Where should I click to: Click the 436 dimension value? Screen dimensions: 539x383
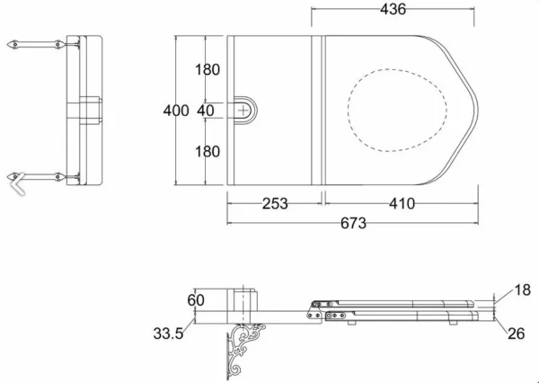pyautogui.click(x=393, y=9)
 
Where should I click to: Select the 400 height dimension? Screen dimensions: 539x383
pyautogui.click(x=176, y=111)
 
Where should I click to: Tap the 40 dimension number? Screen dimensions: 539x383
pyautogui.click(x=206, y=111)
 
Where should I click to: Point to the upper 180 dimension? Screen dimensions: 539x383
pyautogui.click(x=208, y=70)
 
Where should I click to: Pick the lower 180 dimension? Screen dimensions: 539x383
pyautogui.click(x=208, y=152)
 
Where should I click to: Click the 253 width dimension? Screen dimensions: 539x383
pyautogui.click(x=275, y=204)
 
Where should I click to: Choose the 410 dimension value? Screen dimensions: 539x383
pyautogui.click(x=402, y=204)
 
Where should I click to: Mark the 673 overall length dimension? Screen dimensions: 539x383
pyautogui.click(x=353, y=223)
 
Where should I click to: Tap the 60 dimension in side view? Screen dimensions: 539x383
pyautogui.click(x=196, y=300)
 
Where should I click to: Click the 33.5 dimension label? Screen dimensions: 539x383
pyautogui.click(x=169, y=334)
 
